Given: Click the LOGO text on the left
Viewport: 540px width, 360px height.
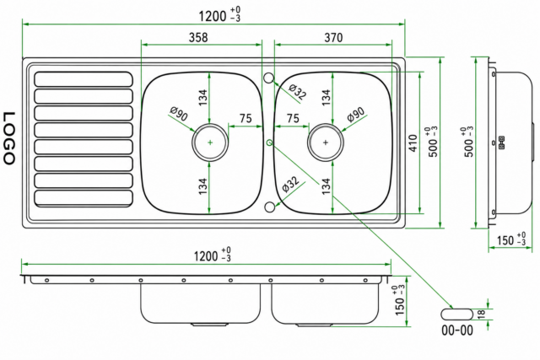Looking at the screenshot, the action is (x=9, y=137).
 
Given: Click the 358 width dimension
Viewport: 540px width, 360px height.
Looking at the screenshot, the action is (x=198, y=37).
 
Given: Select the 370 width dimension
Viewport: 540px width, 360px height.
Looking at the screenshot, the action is (x=333, y=37).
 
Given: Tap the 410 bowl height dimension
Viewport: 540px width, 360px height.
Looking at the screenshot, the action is (x=413, y=142).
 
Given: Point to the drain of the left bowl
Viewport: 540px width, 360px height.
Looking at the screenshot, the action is (x=210, y=142).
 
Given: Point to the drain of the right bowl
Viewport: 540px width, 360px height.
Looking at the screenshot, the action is (x=326, y=142).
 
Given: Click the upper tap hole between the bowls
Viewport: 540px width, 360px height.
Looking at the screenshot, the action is (x=269, y=78).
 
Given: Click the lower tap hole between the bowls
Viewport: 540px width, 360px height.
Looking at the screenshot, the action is (x=270, y=207).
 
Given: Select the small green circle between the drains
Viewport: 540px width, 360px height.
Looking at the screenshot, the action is (x=270, y=142).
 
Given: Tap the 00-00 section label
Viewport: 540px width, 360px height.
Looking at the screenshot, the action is (x=457, y=330).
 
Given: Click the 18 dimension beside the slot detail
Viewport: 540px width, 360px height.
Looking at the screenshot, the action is (x=482, y=314).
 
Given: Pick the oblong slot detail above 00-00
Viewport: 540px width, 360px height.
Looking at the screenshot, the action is (x=457, y=314).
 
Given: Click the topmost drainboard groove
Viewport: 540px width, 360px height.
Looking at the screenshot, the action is (x=84, y=79).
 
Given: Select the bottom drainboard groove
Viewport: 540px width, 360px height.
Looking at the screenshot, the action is (x=84, y=199).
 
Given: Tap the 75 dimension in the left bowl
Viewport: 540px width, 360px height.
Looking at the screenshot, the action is (x=246, y=118).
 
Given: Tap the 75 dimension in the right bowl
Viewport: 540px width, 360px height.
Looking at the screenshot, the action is (x=293, y=118).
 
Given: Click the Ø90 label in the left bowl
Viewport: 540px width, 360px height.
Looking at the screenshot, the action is (x=179, y=114).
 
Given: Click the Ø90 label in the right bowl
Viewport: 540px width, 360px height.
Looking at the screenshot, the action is (x=356, y=115).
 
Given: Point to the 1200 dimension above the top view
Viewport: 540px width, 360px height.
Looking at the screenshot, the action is (x=219, y=15).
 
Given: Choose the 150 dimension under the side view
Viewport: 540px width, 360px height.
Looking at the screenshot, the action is (x=511, y=239).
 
